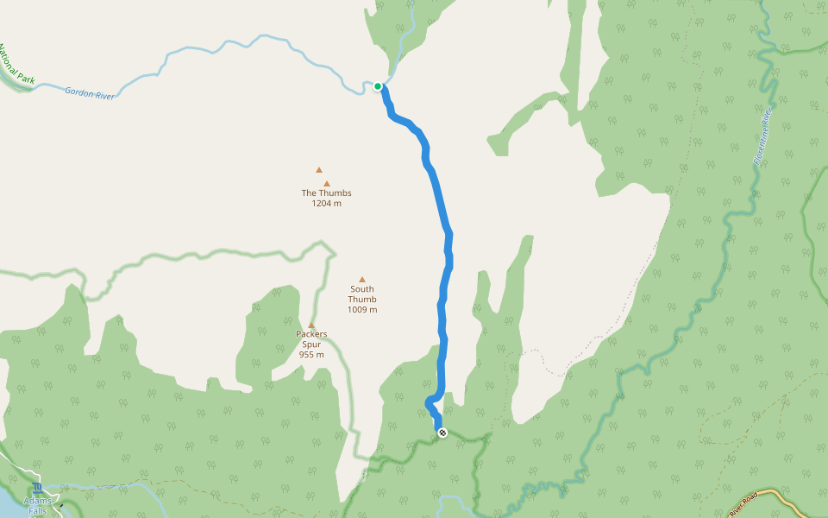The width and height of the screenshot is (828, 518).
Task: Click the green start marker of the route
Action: tap(378, 86)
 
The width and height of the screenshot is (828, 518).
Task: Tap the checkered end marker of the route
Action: tap(442, 433)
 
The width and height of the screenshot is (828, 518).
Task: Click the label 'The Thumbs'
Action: tap(326, 193)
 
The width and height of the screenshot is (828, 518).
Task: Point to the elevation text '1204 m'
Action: tap(326, 204)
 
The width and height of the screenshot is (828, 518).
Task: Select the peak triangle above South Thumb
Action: tap(362, 279)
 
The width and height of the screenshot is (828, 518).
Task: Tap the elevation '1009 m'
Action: tap(362, 309)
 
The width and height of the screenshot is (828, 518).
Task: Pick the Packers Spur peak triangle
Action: tap(311, 325)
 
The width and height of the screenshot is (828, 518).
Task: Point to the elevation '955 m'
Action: tap(311, 355)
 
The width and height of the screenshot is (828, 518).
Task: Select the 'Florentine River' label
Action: tap(763, 136)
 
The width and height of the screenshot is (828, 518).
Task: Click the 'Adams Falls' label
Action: tap(37, 506)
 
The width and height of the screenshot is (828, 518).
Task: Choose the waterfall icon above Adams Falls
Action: tap(37, 489)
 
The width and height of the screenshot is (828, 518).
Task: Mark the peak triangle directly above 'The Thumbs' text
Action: tap(326, 183)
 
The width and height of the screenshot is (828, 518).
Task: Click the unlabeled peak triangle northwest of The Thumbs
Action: tap(319, 170)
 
